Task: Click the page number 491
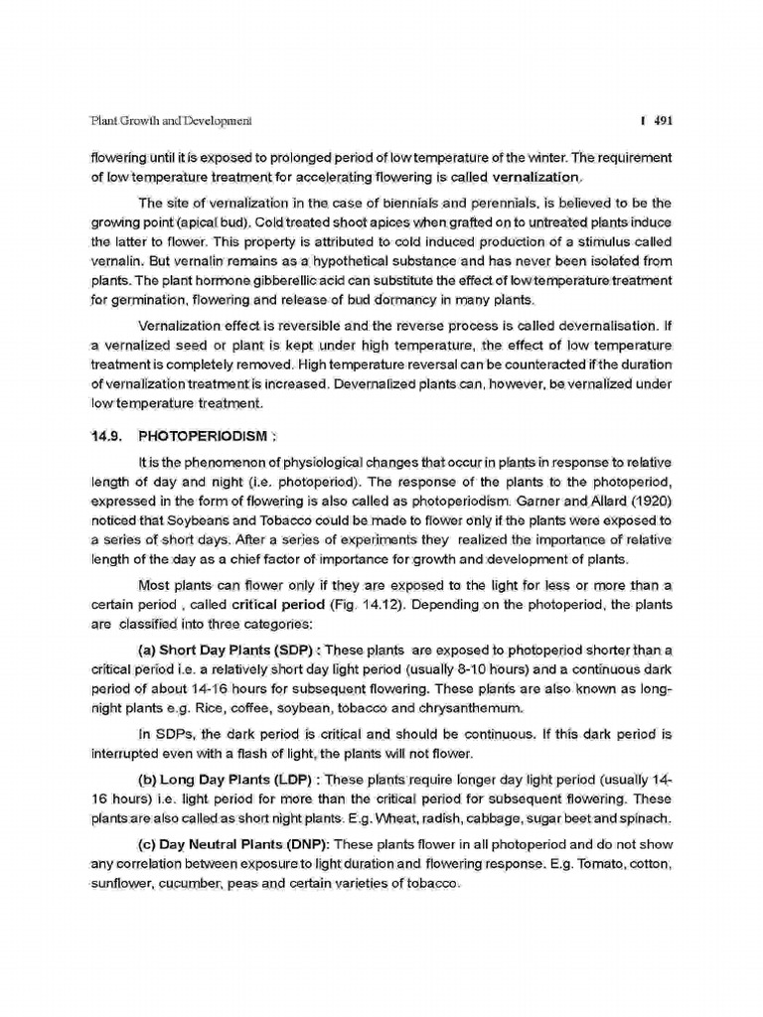[664, 121]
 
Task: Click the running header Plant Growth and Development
[170, 121]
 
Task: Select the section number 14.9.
[105, 435]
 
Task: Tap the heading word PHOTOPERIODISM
[204, 435]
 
